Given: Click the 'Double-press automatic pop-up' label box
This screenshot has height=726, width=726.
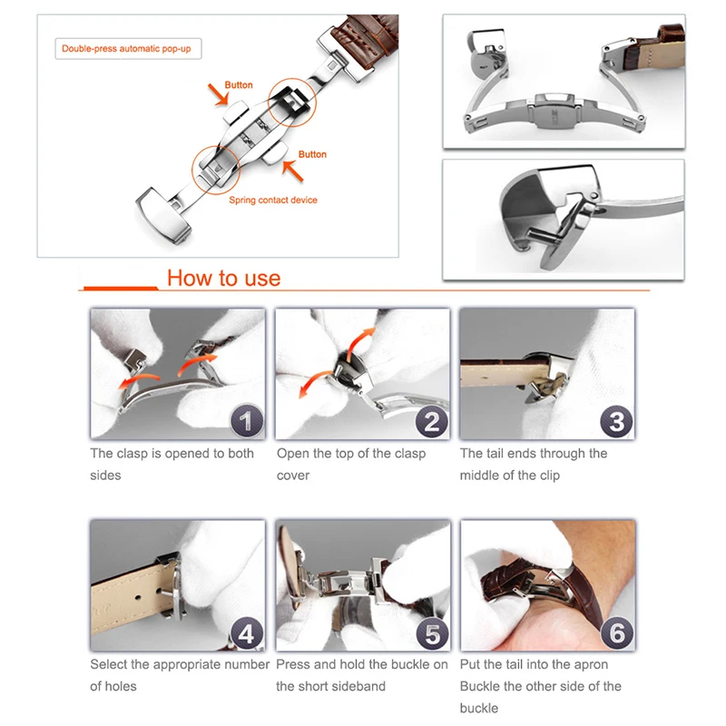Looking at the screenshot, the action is [x=128, y=49].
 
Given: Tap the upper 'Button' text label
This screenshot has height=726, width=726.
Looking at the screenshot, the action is [x=239, y=85].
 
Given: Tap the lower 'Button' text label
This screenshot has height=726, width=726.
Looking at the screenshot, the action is [x=312, y=154].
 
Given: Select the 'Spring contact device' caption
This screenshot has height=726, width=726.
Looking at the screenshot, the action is [x=273, y=200].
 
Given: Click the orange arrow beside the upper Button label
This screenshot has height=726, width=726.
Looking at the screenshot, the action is [x=218, y=94].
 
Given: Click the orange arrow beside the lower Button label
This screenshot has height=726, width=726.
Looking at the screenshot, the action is [x=292, y=171].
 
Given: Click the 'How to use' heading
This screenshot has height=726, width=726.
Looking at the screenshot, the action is [x=223, y=278].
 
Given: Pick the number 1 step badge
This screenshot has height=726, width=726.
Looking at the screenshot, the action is [x=246, y=421].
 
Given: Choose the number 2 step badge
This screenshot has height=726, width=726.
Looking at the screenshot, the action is [x=432, y=422].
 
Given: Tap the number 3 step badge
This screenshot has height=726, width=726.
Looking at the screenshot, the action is [x=616, y=422].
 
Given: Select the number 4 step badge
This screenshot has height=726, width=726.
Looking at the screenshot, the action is [x=246, y=633].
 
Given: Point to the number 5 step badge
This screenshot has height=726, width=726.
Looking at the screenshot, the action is [x=432, y=633].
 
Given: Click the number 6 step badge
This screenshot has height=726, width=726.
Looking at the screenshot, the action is [x=617, y=633].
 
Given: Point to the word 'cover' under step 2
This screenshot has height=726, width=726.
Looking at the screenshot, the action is [x=293, y=476].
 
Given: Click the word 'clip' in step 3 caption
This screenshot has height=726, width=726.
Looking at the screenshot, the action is [x=550, y=476].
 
